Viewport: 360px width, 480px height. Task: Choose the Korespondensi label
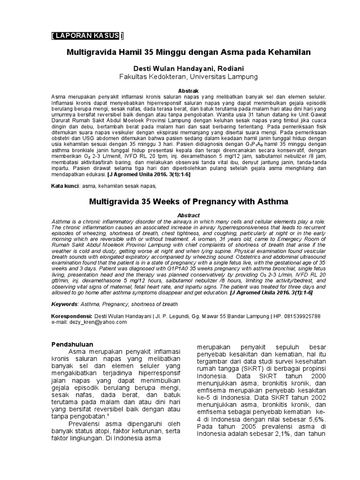pos(72,316)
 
